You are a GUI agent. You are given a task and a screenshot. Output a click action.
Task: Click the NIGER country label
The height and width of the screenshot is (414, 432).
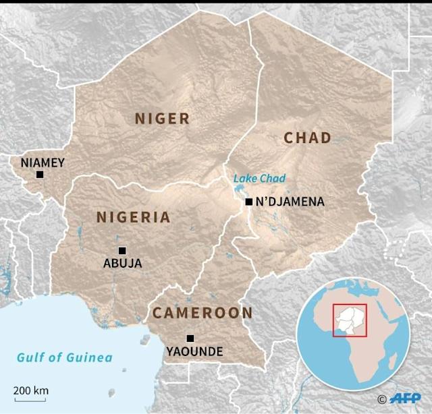tap(162, 119)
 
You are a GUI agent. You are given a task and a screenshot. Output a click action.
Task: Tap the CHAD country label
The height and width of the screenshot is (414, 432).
tap(307, 138)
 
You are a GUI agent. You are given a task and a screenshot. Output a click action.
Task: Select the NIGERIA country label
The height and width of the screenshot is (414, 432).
tap(133, 217)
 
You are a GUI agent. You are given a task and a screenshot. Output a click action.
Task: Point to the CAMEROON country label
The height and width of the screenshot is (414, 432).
tap(202, 313)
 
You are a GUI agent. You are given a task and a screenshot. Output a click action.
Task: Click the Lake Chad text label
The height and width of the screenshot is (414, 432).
tap(259, 179)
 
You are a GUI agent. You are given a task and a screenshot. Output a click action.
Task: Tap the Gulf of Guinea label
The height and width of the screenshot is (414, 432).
tap(65, 357)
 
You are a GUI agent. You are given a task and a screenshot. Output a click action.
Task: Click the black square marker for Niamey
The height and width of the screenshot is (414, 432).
tap(40, 175)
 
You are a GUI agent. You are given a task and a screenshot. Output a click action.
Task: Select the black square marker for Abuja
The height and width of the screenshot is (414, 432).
tap(122, 251)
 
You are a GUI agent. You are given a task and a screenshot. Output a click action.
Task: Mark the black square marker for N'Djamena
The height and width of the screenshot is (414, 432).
tap(249, 202)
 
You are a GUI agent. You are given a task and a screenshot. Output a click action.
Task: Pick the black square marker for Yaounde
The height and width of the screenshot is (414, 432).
tap(190, 338)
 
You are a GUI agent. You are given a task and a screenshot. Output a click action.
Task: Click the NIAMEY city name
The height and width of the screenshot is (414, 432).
tap(43, 162)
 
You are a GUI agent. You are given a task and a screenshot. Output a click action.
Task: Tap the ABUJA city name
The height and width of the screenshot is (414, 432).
tap(122, 264)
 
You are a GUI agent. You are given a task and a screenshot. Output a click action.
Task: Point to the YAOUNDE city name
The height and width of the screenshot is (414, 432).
tap(194, 351)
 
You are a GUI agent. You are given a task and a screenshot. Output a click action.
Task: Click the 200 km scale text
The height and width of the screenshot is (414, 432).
tap(31, 390)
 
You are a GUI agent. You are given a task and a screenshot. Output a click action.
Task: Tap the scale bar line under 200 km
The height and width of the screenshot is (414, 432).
tap(30, 400)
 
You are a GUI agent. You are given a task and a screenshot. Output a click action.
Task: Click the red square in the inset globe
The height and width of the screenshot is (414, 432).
tap(350, 320)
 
